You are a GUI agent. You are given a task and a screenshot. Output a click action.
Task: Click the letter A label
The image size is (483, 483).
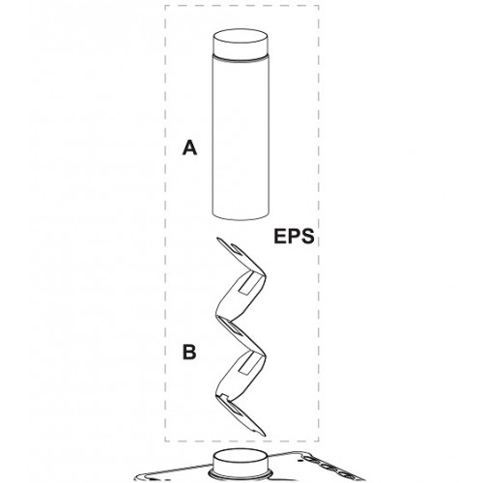click(189, 148)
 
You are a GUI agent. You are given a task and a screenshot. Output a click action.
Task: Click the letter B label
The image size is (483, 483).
click(189, 352)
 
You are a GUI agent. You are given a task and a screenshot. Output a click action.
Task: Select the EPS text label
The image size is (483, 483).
click(294, 236)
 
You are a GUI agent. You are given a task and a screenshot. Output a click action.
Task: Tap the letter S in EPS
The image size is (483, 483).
click(307, 236)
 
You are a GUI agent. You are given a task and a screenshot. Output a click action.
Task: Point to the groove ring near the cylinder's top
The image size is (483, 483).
click(241, 59)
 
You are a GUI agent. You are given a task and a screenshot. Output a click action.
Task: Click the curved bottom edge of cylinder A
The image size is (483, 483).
click(241, 217)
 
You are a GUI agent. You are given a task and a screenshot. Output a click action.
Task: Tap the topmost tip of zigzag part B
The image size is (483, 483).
click(217, 239)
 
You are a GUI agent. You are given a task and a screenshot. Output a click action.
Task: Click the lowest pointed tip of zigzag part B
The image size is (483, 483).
click(265, 435)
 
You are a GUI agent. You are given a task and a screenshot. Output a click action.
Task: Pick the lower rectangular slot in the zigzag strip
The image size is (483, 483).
click(249, 365)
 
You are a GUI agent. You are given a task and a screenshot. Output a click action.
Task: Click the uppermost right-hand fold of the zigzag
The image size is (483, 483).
click(265, 276)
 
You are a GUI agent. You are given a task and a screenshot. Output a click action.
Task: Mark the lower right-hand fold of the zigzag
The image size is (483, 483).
click(264, 355)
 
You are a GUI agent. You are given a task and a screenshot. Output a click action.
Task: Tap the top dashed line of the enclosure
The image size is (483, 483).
click(241, 6)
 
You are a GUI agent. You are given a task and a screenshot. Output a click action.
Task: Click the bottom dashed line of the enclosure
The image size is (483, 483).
click(241, 440)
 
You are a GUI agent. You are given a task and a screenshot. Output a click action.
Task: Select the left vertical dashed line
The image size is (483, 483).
click(165, 223)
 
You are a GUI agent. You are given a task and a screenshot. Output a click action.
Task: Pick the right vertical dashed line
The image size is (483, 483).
click(319, 223)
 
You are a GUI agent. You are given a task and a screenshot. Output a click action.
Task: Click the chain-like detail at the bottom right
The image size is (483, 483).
click(330, 468)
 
